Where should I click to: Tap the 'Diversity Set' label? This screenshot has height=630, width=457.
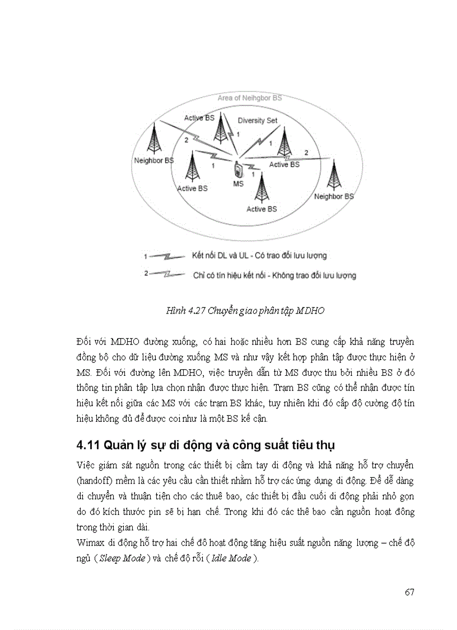tap(257, 121)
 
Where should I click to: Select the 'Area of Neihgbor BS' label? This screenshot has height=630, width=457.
tap(250, 98)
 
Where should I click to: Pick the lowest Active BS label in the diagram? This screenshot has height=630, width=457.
tap(262, 209)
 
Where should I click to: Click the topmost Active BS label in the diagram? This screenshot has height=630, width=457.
tap(199, 118)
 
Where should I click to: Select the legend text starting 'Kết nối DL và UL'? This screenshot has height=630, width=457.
tap(259, 255)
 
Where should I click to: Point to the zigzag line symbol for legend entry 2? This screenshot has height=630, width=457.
tap(167, 275)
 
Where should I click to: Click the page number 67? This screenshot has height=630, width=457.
tap(409, 592)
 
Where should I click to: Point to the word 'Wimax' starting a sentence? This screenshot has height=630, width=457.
tap(89, 544)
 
